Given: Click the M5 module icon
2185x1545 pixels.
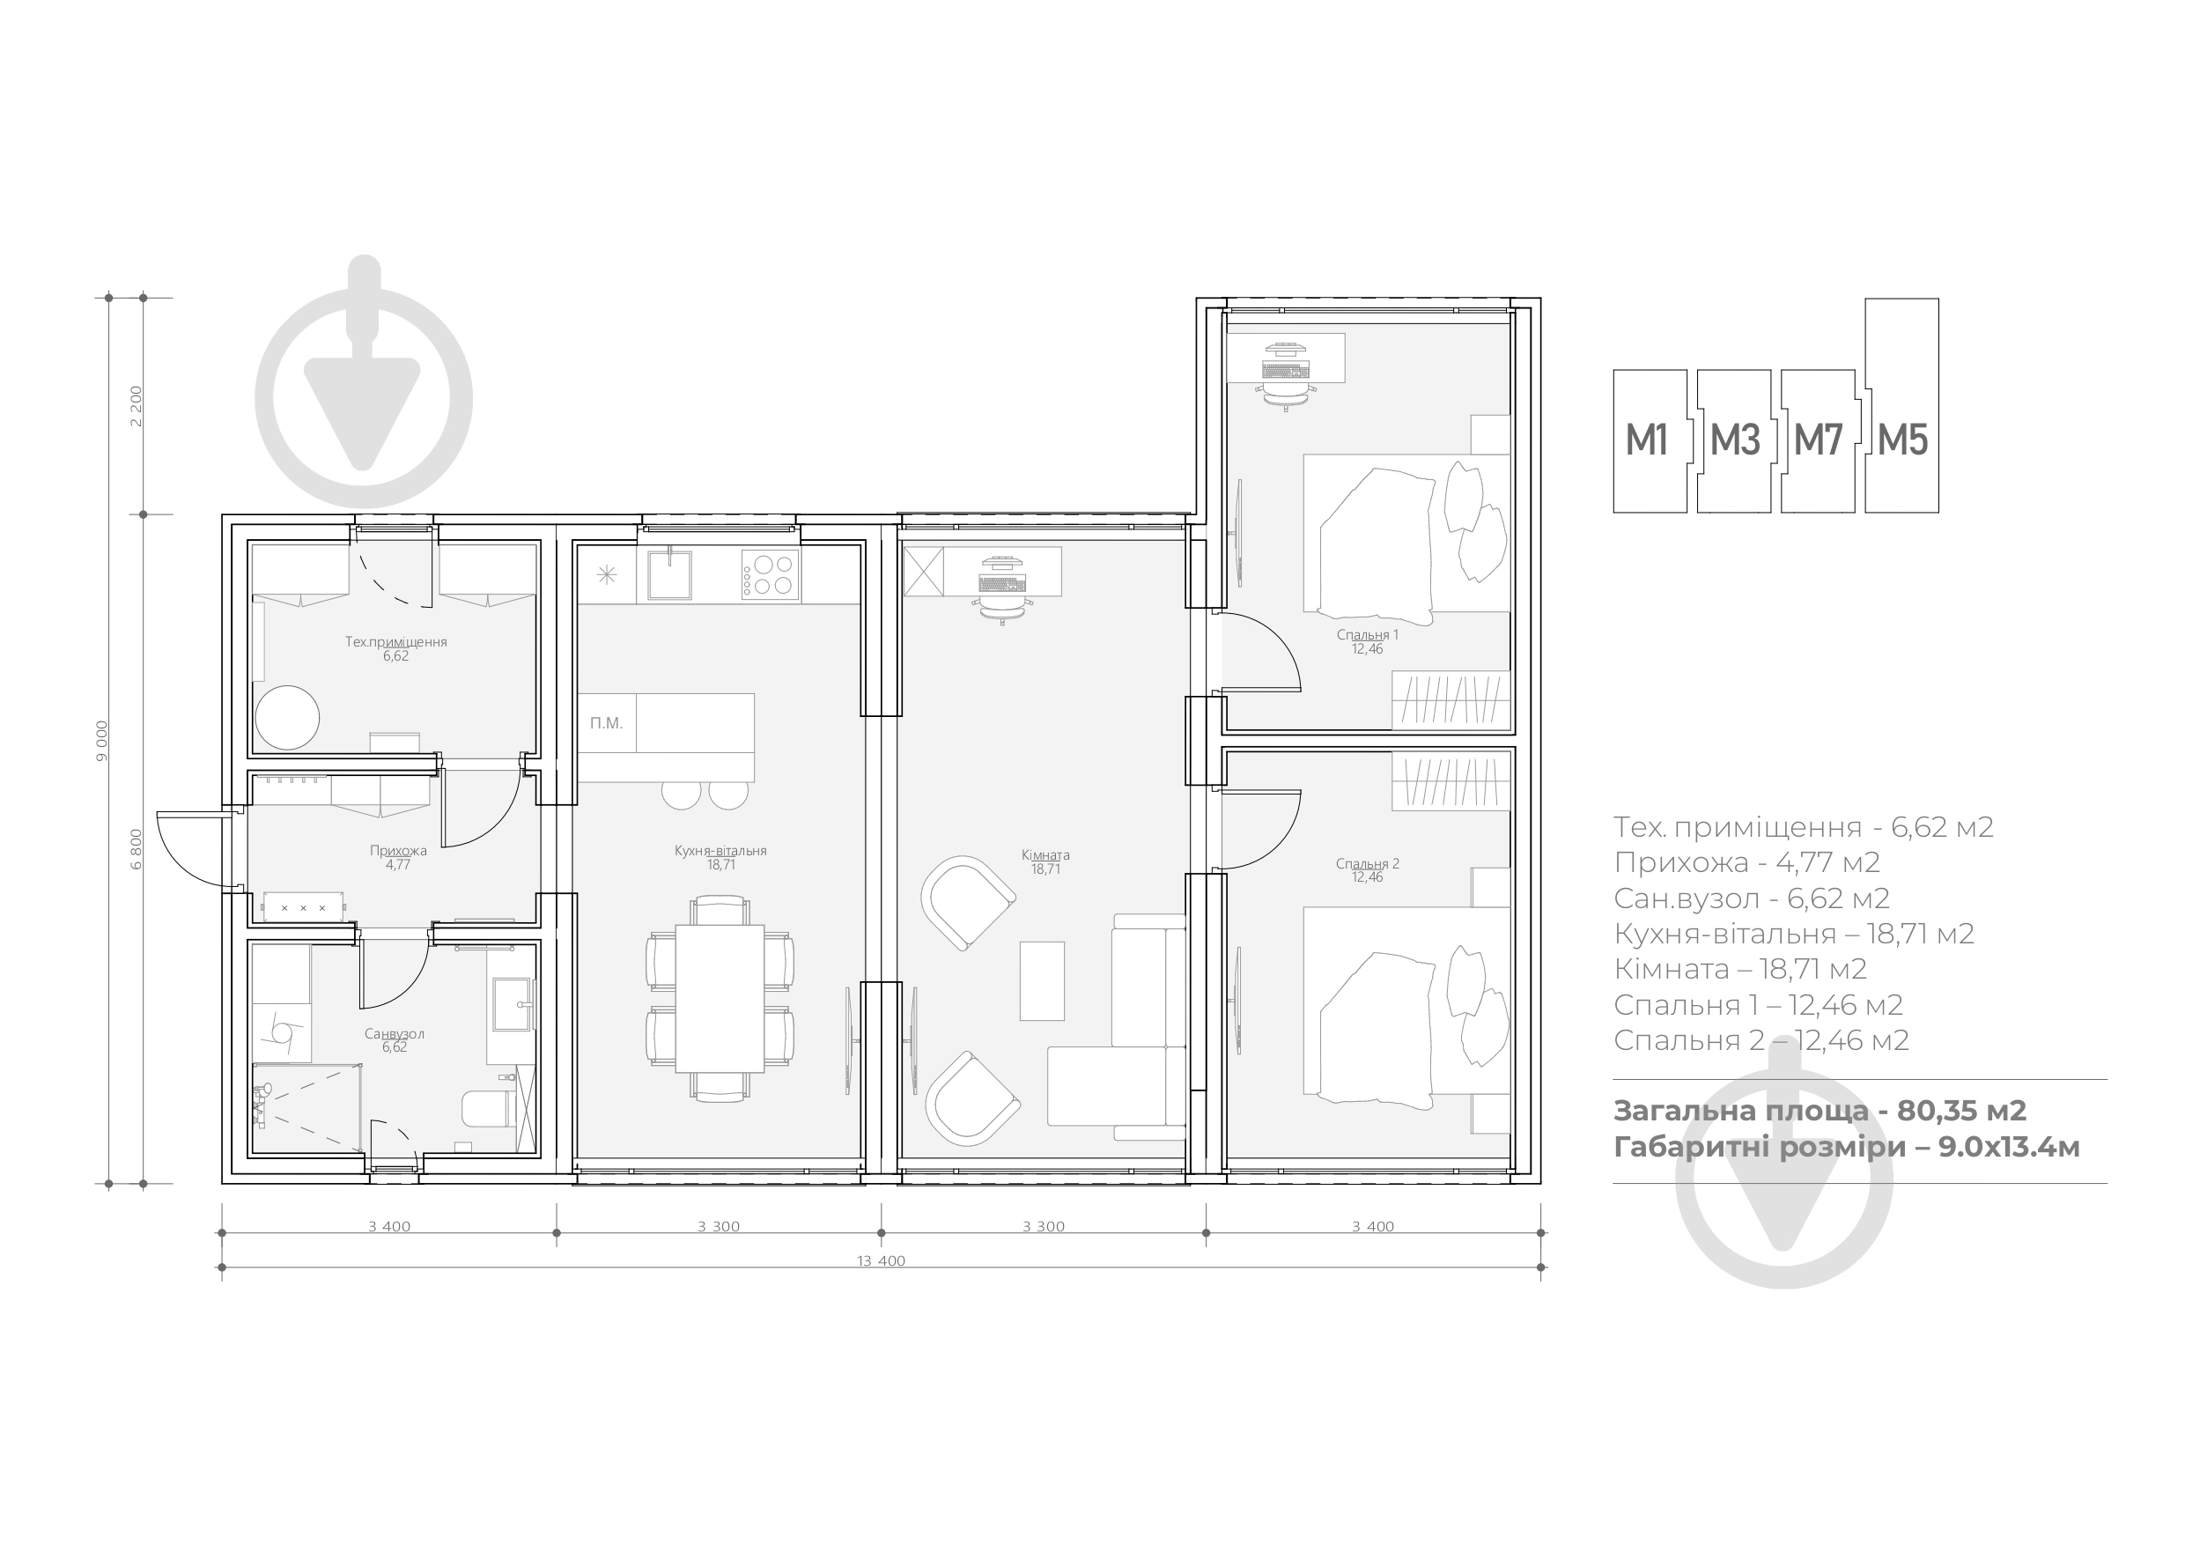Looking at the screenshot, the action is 1901,406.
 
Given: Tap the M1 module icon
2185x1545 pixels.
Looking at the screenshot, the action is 1650,440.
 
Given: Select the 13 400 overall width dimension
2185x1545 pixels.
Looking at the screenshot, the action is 882,1261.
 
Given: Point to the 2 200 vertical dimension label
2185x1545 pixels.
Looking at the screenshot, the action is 137,405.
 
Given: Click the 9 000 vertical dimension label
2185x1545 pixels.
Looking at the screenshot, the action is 102,741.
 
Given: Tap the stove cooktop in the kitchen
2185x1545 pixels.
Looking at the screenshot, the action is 770,574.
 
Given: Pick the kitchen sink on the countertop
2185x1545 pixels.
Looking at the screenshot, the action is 669,573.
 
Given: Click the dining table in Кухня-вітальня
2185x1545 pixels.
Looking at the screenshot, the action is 720,999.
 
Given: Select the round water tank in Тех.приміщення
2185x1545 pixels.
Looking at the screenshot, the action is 287,717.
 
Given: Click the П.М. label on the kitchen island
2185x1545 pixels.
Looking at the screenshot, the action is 606,723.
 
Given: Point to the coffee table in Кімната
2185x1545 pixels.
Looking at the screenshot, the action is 1042,980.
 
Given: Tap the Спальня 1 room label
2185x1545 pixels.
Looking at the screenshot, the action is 1368,635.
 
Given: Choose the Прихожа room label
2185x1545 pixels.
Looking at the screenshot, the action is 398,851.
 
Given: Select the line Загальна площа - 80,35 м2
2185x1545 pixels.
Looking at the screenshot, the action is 1820,1111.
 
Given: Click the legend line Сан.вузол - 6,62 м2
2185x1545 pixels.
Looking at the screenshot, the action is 1751,898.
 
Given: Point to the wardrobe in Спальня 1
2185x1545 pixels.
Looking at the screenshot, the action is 1451,699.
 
